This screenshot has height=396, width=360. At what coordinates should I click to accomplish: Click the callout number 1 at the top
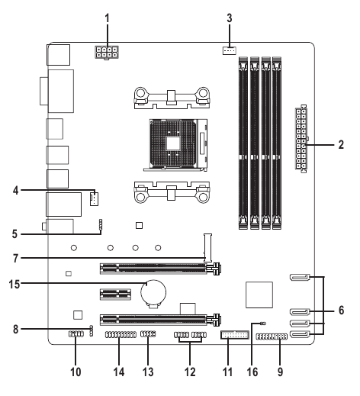coord(108,18)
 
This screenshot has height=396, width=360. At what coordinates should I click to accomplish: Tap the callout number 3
coord(230,18)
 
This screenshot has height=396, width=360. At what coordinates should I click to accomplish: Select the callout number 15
coord(14,284)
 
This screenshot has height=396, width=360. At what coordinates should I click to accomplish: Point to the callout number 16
coord(252,372)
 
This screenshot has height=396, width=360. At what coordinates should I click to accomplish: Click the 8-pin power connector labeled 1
coord(107,52)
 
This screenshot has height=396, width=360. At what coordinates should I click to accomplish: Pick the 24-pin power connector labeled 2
coord(301,139)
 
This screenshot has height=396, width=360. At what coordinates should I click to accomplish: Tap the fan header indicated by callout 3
coord(230,50)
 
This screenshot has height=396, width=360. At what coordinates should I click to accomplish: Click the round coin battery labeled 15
coord(153,292)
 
